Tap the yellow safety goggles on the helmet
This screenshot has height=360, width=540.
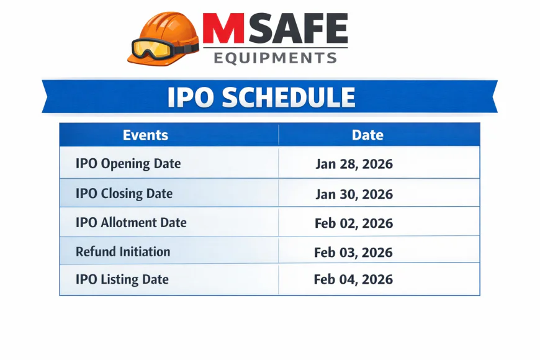click(153, 48)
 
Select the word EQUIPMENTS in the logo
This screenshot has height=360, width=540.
click(275, 58)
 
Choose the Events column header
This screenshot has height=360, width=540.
click(145, 135)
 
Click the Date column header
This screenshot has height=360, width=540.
click(367, 135)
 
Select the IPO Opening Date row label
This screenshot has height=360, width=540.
click(128, 164)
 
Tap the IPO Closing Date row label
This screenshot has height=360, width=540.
click(124, 194)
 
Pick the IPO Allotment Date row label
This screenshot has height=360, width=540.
click(131, 222)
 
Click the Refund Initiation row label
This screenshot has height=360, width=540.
click(122, 251)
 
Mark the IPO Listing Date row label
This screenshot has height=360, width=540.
click(122, 279)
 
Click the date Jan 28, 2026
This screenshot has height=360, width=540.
click(354, 164)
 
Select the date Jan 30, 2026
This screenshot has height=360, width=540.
click(354, 194)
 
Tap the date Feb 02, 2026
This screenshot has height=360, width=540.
click(354, 223)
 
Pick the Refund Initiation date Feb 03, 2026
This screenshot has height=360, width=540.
click(354, 252)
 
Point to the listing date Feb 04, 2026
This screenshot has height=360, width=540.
click(354, 279)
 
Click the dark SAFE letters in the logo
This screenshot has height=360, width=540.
click(297, 29)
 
